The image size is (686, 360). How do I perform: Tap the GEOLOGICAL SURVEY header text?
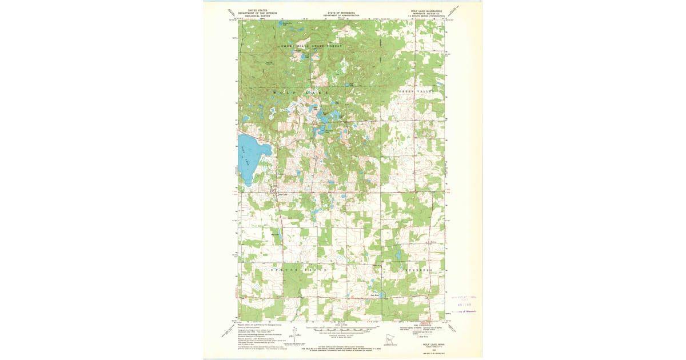[256, 17]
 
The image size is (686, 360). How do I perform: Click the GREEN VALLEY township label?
[417, 91]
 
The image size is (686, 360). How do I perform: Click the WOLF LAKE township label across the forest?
[301, 92]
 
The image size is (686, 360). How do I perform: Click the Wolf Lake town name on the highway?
[282, 194]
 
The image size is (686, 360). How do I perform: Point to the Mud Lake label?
[275, 233]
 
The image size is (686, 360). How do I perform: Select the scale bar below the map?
[342, 330]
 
